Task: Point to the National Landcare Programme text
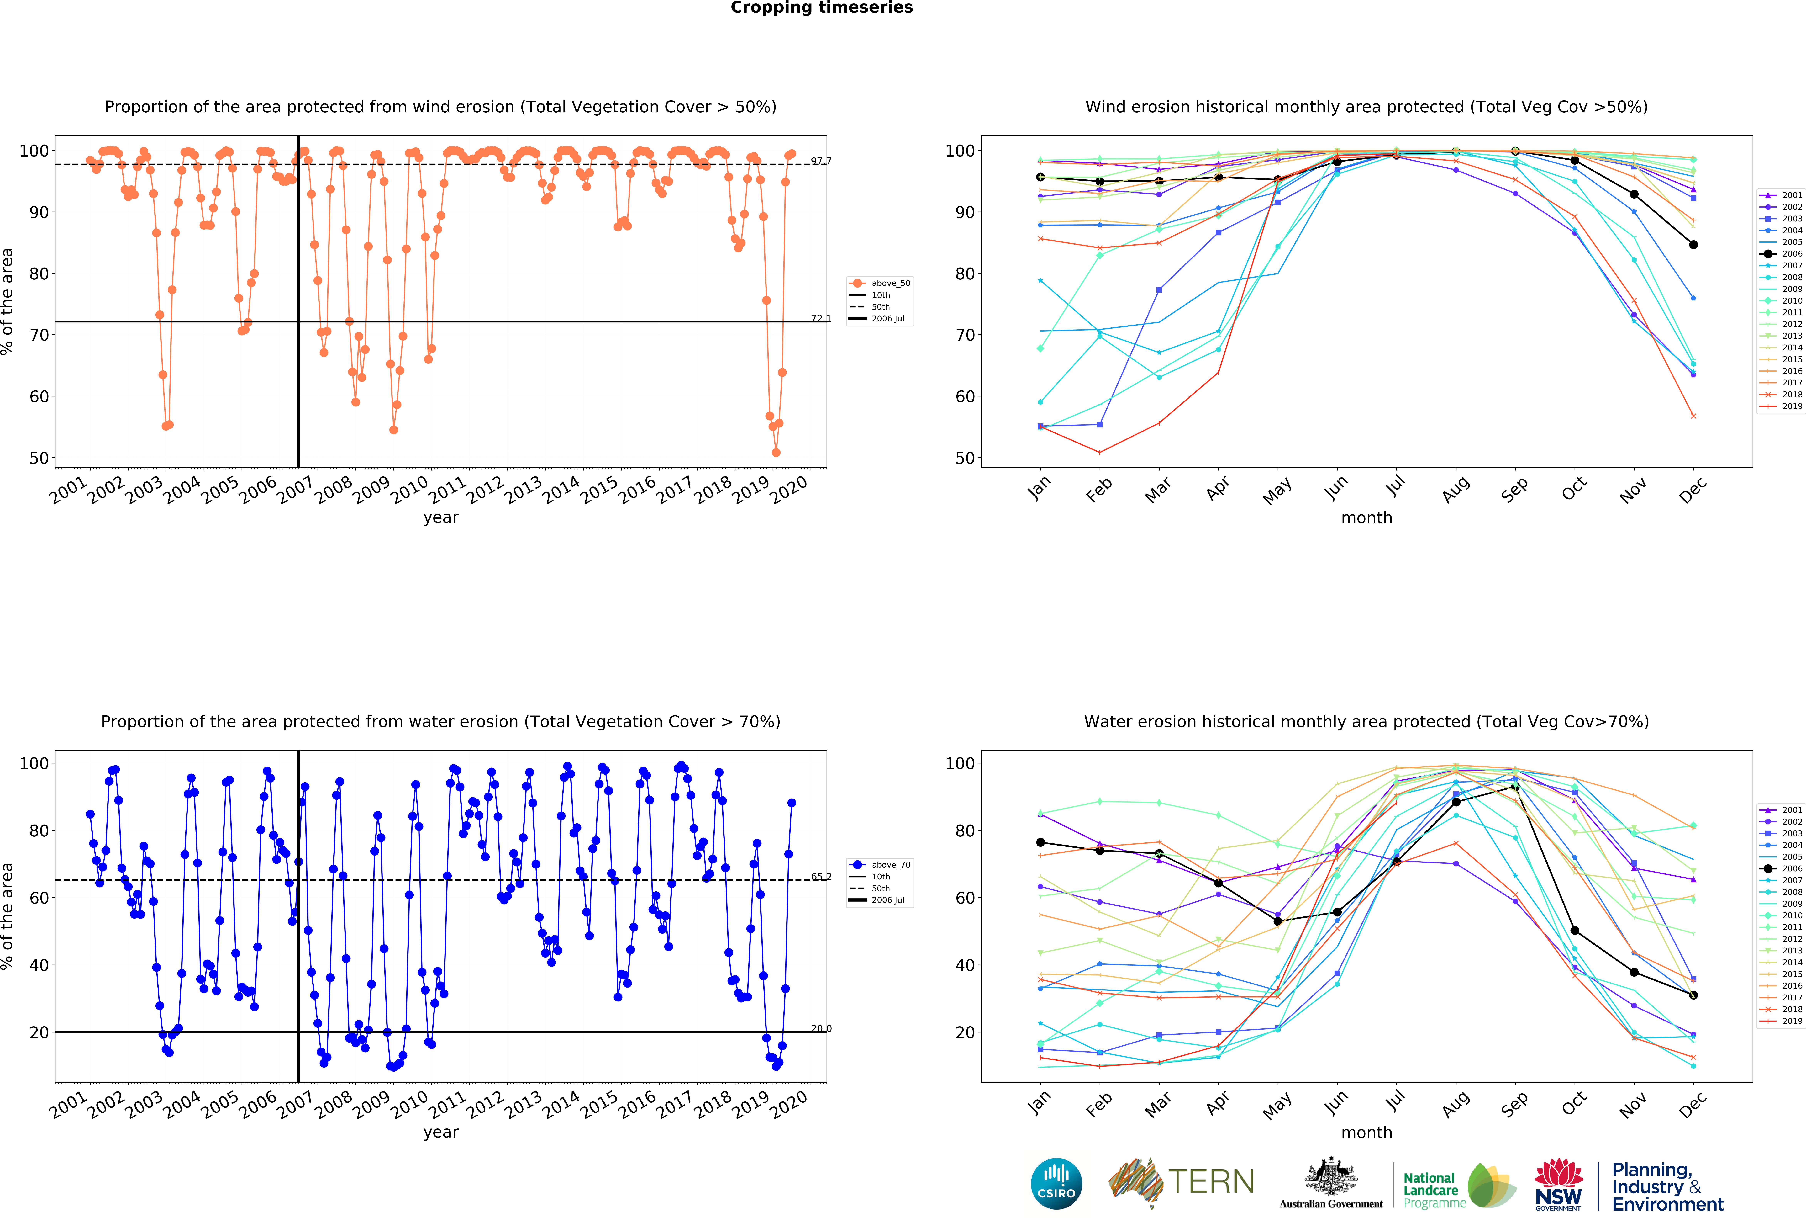click(1435, 1190)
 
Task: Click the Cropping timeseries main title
click(821, 8)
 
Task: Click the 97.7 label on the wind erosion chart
click(821, 161)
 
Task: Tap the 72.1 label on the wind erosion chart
click(821, 318)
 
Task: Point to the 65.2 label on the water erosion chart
click(821, 877)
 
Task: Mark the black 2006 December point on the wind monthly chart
click(1693, 245)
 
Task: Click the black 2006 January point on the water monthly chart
click(1040, 842)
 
